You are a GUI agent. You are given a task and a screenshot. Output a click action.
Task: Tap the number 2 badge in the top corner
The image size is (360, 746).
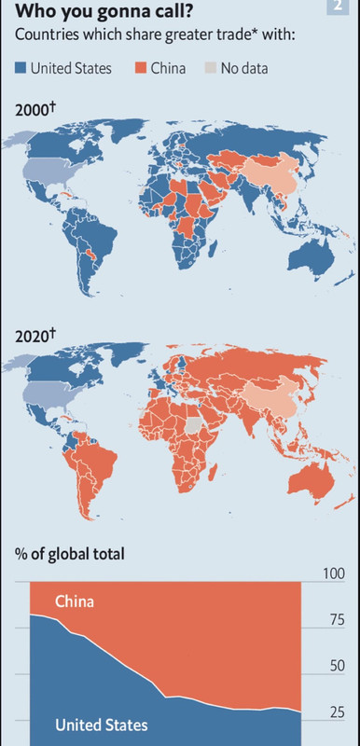point(336,7)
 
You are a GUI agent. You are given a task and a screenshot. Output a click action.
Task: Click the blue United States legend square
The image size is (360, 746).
point(21,68)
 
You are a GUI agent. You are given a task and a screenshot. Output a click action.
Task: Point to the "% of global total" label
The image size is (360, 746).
point(69,555)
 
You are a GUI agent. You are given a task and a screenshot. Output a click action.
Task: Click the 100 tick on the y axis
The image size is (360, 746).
point(333,573)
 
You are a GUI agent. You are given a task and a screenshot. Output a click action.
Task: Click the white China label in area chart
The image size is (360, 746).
point(74,602)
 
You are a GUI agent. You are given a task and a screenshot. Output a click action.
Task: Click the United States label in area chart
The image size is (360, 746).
point(101,725)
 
